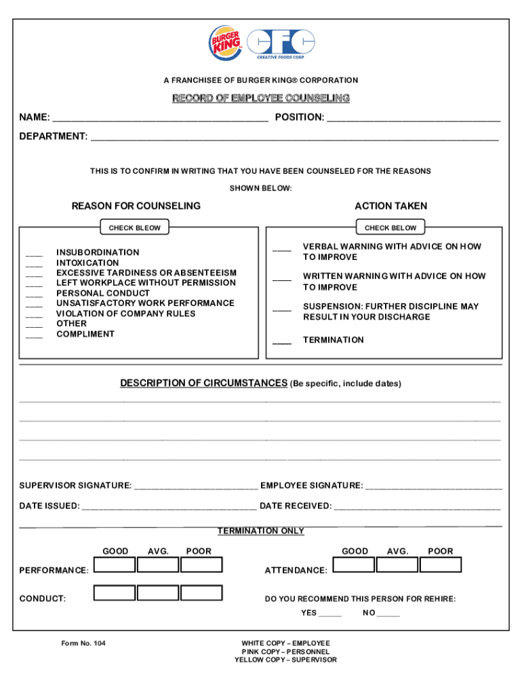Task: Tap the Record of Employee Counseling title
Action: [261, 98]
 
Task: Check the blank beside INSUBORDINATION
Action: [34, 254]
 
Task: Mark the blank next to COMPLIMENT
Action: [34, 335]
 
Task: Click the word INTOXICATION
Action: [87, 263]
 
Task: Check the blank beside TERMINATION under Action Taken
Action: [282, 341]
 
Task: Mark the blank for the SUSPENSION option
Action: [282, 309]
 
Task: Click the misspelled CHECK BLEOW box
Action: [135, 228]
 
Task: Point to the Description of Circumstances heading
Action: [203, 383]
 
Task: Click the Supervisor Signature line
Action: [196, 487]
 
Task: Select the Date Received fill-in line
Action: [417, 507]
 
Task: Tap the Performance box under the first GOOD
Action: [115, 565]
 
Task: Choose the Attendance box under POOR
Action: [440, 565]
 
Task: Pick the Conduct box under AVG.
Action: [158, 593]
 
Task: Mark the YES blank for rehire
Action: [330, 614]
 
